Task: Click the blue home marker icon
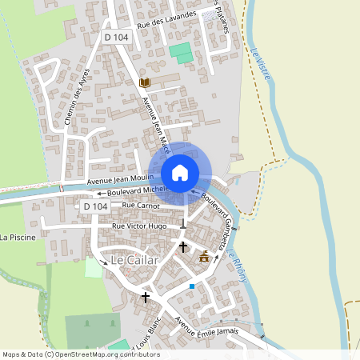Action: (180, 172)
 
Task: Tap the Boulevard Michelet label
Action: (131, 192)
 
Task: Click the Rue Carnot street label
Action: (141, 206)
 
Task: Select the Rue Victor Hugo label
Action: (139, 226)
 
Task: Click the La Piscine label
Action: (16, 238)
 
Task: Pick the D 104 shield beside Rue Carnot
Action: (94, 206)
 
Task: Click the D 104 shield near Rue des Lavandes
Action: (117, 37)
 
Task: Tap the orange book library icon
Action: (145, 82)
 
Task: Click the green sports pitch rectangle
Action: (181, 54)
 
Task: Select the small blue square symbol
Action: (192, 286)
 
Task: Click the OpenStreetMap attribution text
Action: (81, 354)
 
